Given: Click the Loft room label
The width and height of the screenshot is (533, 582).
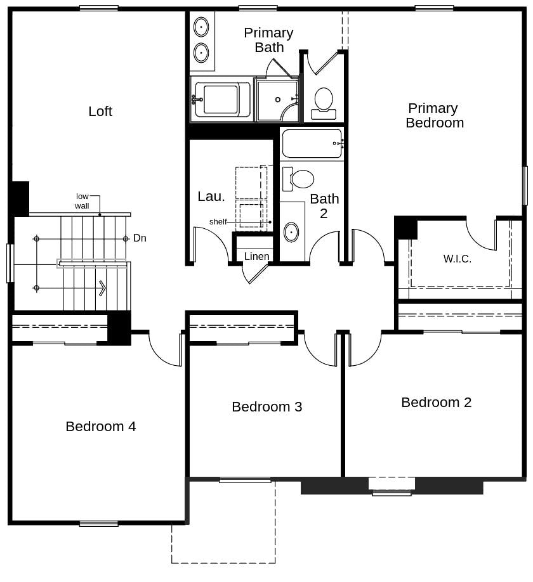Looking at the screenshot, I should pos(100,112).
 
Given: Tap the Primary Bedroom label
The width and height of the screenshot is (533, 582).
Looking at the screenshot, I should pos(434,115).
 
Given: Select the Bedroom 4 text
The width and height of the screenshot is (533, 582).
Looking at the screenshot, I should pos(100,426).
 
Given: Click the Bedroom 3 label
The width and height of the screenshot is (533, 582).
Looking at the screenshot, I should pos(266,406).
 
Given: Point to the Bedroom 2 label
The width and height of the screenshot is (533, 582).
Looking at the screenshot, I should pos(436,402).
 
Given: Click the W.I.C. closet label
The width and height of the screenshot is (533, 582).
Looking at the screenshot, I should pos(457,259).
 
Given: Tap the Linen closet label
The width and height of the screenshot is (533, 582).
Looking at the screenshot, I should pos(256,256).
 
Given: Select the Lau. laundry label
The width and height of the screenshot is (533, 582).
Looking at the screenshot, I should pos(211,197).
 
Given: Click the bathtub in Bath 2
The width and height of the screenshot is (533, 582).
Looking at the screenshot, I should pos(312,144).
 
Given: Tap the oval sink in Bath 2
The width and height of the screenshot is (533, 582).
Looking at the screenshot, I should pos(291,232).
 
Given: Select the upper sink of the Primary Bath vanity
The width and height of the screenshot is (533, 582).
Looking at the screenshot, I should pos(201,27).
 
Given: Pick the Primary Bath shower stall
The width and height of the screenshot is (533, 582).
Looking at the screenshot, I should pos(277,100).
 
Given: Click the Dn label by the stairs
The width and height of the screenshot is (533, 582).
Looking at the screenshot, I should pos(140,238).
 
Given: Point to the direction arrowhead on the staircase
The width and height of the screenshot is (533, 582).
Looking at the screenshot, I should pos(102,288).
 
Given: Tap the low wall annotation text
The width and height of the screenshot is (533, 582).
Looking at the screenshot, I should pos(82,201).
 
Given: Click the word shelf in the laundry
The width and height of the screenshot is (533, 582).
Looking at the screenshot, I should pos(218,222).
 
